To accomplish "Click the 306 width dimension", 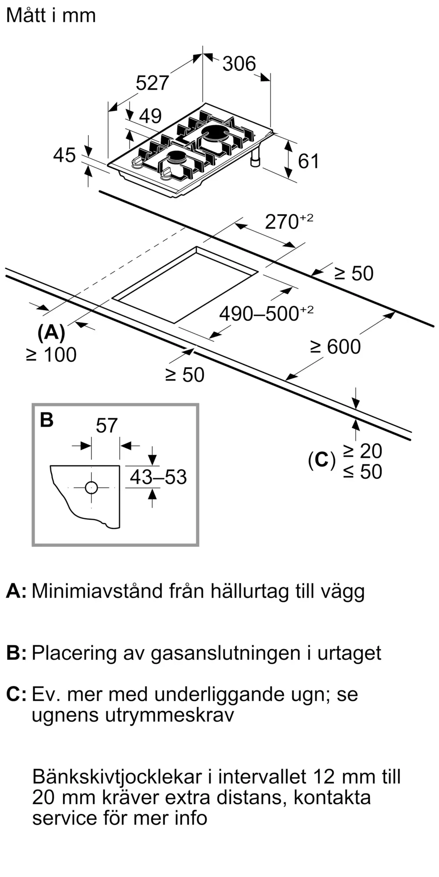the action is pyautogui.click(x=239, y=64).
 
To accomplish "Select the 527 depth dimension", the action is pyautogui.click(x=152, y=83).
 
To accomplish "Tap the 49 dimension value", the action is pyautogui.click(x=150, y=116).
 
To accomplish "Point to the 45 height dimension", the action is pyautogui.click(x=65, y=155).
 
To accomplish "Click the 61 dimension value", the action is pyautogui.click(x=309, y=161).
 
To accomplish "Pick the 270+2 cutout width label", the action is pyautogui.click(x=289, y=221).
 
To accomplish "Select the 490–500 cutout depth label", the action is pyautogui.click(x=266, y=313).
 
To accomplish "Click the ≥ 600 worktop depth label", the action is pyautogui.click(x=335, y=346).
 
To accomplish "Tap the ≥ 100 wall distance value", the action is pyautogui.click(x=51, y=355).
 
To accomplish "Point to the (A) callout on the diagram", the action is pyautogui.click(x=51, y=333).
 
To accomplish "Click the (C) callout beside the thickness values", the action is pyautogui.click(x=322, y=460).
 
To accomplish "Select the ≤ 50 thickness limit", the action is pyautogui.click(x=363, y=471).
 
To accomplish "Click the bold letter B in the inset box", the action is pyautogui.click(x=47, y=420).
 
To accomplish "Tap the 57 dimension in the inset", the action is pyautogui.click(x=107, y=425).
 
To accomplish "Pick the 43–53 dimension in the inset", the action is pyautogui.click(x=158, y=477).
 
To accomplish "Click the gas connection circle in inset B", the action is pyautogui.click(x=91, y=488).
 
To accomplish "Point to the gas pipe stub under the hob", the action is pyautogui.click(x=255, y=158).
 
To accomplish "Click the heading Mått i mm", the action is pyautogui.click(x=51, y=15).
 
